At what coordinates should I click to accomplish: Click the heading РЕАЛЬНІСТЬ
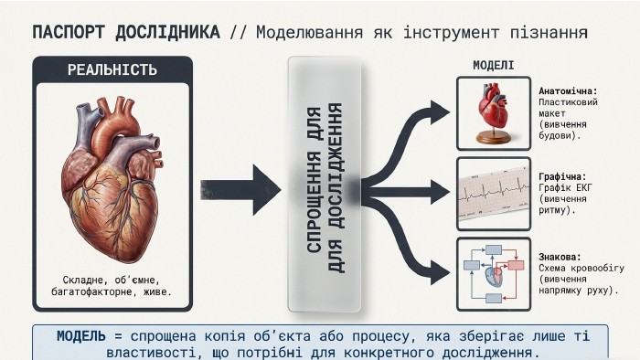pyautogui.click(x=112, y=69)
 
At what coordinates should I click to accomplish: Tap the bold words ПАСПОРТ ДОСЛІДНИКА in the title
pyautogui.click(x=126, y=33)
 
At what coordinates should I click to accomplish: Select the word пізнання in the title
pyautogui.click(x=549, y=33)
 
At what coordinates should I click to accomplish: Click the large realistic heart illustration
pyautogui.click(x=112, y=180)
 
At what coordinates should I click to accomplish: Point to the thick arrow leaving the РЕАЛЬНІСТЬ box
pyautogui.click(x=240, y=190)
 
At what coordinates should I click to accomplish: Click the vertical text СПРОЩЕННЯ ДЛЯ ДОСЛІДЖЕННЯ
pyautogui.click(x=325, y=188)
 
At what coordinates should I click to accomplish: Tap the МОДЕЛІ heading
pyautogui.click(x=494, y=65)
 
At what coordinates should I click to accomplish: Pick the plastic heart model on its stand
pyautogui.click(x=494, y=113)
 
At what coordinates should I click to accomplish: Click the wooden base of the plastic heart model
pyautogui.click(x=494, y=138)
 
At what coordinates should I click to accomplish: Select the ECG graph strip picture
pyautogui.click(x=494, y=193)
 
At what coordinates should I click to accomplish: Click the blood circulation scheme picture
pyautogui.click(x=494, y=274)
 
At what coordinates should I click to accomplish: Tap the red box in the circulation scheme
pyautogui.click(x=516, y=266)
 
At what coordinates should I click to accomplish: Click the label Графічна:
pyautogui.click(x=562, y=177)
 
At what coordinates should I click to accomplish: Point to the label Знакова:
pyautogui.click(x=560, y=258)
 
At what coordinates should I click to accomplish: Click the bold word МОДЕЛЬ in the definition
pyautogui.click(x=81, y=336)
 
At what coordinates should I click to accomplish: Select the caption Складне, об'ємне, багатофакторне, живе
pyautogui.click(x=112, y=286)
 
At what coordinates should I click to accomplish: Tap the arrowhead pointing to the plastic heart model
pyautogui.click(x=439, y=113)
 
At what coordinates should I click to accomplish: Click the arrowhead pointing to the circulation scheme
pyautogui.click(x=439, y=272)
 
